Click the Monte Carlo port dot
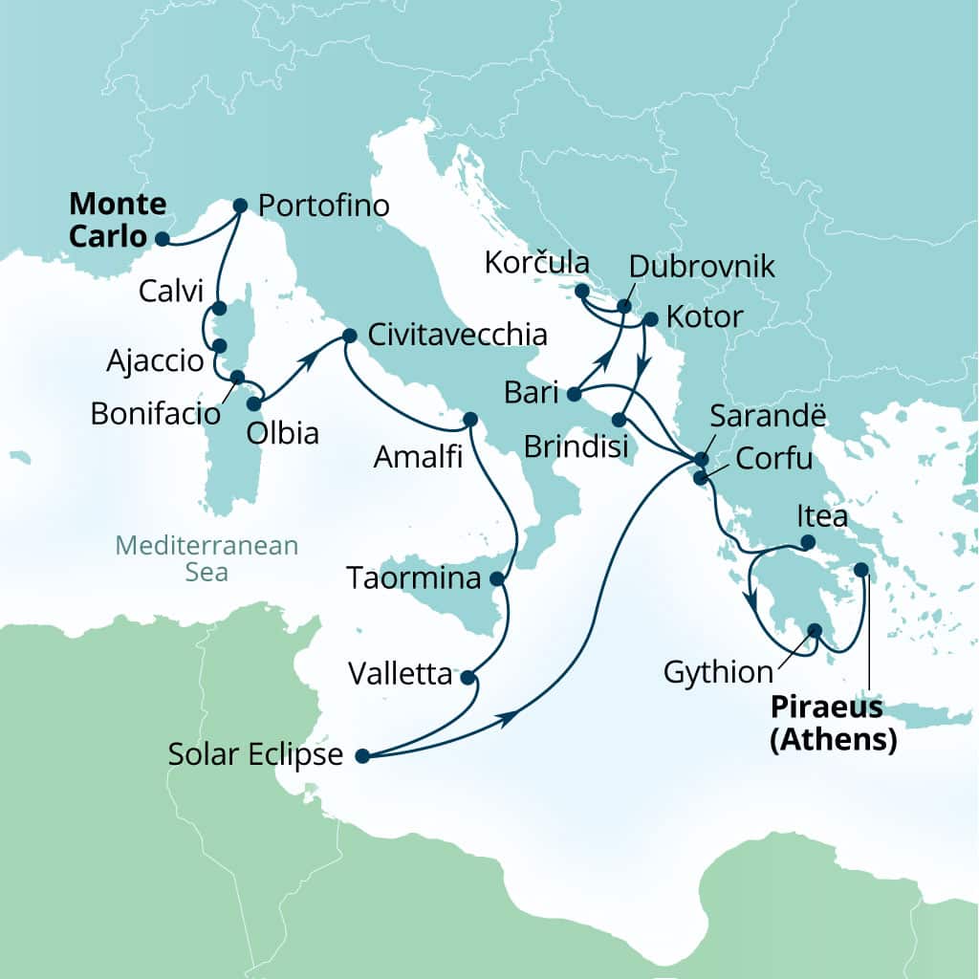click(163, 239)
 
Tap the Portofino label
click(324, 206)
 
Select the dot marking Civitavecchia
click(349, 336)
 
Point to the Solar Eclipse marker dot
click(362, 756)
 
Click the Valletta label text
click(401, 675)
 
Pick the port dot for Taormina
click(496, 578)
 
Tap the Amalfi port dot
click(469, 419)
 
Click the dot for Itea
click(807, 543)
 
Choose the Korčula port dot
click(581, 291)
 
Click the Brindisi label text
click(571, 446)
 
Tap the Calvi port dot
click(219, 308)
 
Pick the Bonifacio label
click(156, 414)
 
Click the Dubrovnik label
click(704, 267)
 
